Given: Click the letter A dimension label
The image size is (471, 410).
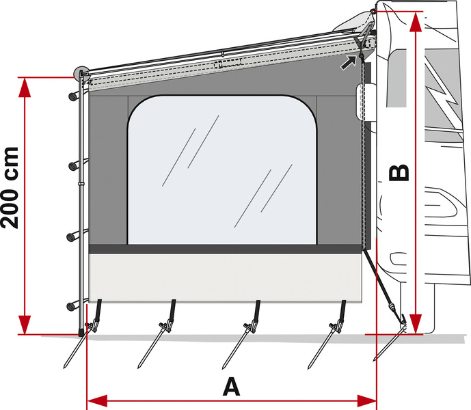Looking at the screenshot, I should coord(232,387).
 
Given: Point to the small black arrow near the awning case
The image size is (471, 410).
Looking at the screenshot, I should coord(349,64).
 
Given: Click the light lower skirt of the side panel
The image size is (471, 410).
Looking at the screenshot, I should coord(226,277).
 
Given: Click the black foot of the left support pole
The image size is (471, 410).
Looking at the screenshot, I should coord(83,333).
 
